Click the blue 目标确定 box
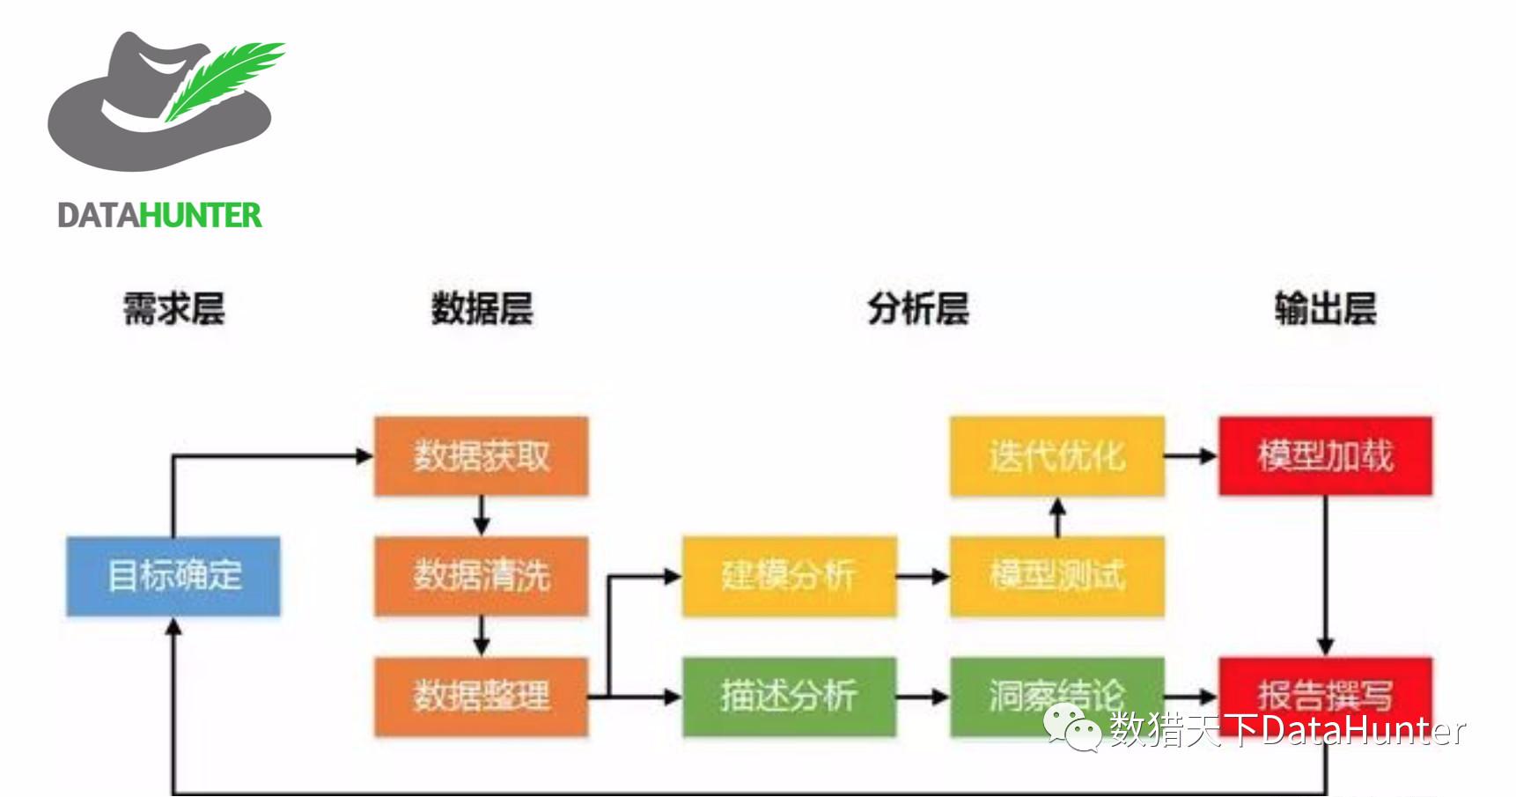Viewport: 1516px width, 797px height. point(173,576)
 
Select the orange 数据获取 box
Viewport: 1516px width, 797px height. point(481,456)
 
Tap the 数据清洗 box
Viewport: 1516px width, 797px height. point(481,576)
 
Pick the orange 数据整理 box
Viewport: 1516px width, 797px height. point(481,696)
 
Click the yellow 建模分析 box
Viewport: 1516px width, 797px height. point(789,576)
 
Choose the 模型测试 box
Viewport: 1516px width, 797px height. point(1056,576)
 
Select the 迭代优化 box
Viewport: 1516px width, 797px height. point(1056,456)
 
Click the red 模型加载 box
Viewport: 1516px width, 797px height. point(1325,456)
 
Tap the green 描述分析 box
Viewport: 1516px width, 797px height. point(789,696)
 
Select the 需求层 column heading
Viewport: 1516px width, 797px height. point(173,309)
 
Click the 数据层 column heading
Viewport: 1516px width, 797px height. point(482,309)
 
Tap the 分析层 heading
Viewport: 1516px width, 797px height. point(918,309)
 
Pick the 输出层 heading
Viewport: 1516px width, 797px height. point(1325,309)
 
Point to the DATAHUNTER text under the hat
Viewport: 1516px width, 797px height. point(159,216)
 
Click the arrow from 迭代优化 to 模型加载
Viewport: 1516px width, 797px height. point(1191,456)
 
